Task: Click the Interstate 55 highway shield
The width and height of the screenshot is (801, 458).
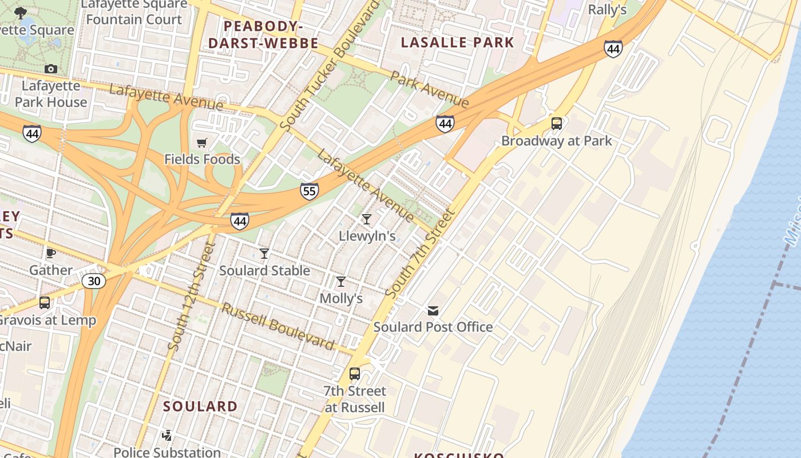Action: pyautogui.click(x=309, y=191)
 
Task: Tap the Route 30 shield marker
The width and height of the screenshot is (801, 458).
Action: pyautogui.click(x=93, y=281)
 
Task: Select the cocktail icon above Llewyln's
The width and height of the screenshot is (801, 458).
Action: pyautogui.click(x=367, y=219)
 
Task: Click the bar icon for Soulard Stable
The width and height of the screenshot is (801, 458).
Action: pyautogui.click(x=264, y=254)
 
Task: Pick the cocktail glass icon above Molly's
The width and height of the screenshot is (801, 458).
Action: pyautogui.click(x=341, y=282)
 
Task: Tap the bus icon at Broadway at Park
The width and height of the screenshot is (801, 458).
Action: pyautogui.click(x=556, y=124)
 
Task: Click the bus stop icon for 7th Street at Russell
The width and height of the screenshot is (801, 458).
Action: pyautogui.click(x=355, y=374)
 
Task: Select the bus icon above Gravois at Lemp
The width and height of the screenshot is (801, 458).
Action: pyautogui.click(x=45, y=303)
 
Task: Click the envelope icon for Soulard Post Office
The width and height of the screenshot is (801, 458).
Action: pyautogui.click(x=433, y=311)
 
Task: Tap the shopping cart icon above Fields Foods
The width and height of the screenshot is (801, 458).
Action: pyautogui.click(x=202, y=143)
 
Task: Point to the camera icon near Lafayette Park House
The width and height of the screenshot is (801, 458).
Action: pyautogui.click(x=51, y=69)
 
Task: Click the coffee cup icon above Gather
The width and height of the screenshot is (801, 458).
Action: pyautogui.click(x=51, y=253)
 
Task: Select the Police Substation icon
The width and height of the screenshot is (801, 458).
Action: pyautogui.click(x=166, y=436)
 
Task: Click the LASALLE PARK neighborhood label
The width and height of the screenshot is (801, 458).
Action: pyautogui.click(x=457, y=42)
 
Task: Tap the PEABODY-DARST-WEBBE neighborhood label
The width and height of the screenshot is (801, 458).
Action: pyautogui.click(x=263, y=35)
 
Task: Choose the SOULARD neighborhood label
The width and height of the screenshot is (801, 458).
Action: pyautogui.click(x=200, y=406)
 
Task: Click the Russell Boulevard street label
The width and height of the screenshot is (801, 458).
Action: pyautogui.click(x=278, y=326)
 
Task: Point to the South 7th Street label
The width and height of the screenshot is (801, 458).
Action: pyautogui.click(x=420, y=254)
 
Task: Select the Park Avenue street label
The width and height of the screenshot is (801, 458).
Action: pyautogui.click(x=430, y=89)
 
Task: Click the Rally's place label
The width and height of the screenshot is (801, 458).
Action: pyautogui.click(x=607, y=10)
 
